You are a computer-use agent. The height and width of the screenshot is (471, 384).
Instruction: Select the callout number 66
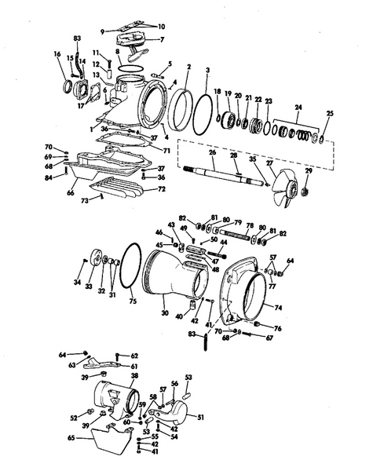click(70, 191)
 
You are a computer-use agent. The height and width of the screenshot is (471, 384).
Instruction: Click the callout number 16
click(57, 54)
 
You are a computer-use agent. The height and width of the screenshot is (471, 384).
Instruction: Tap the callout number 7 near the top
click(163, 38)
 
